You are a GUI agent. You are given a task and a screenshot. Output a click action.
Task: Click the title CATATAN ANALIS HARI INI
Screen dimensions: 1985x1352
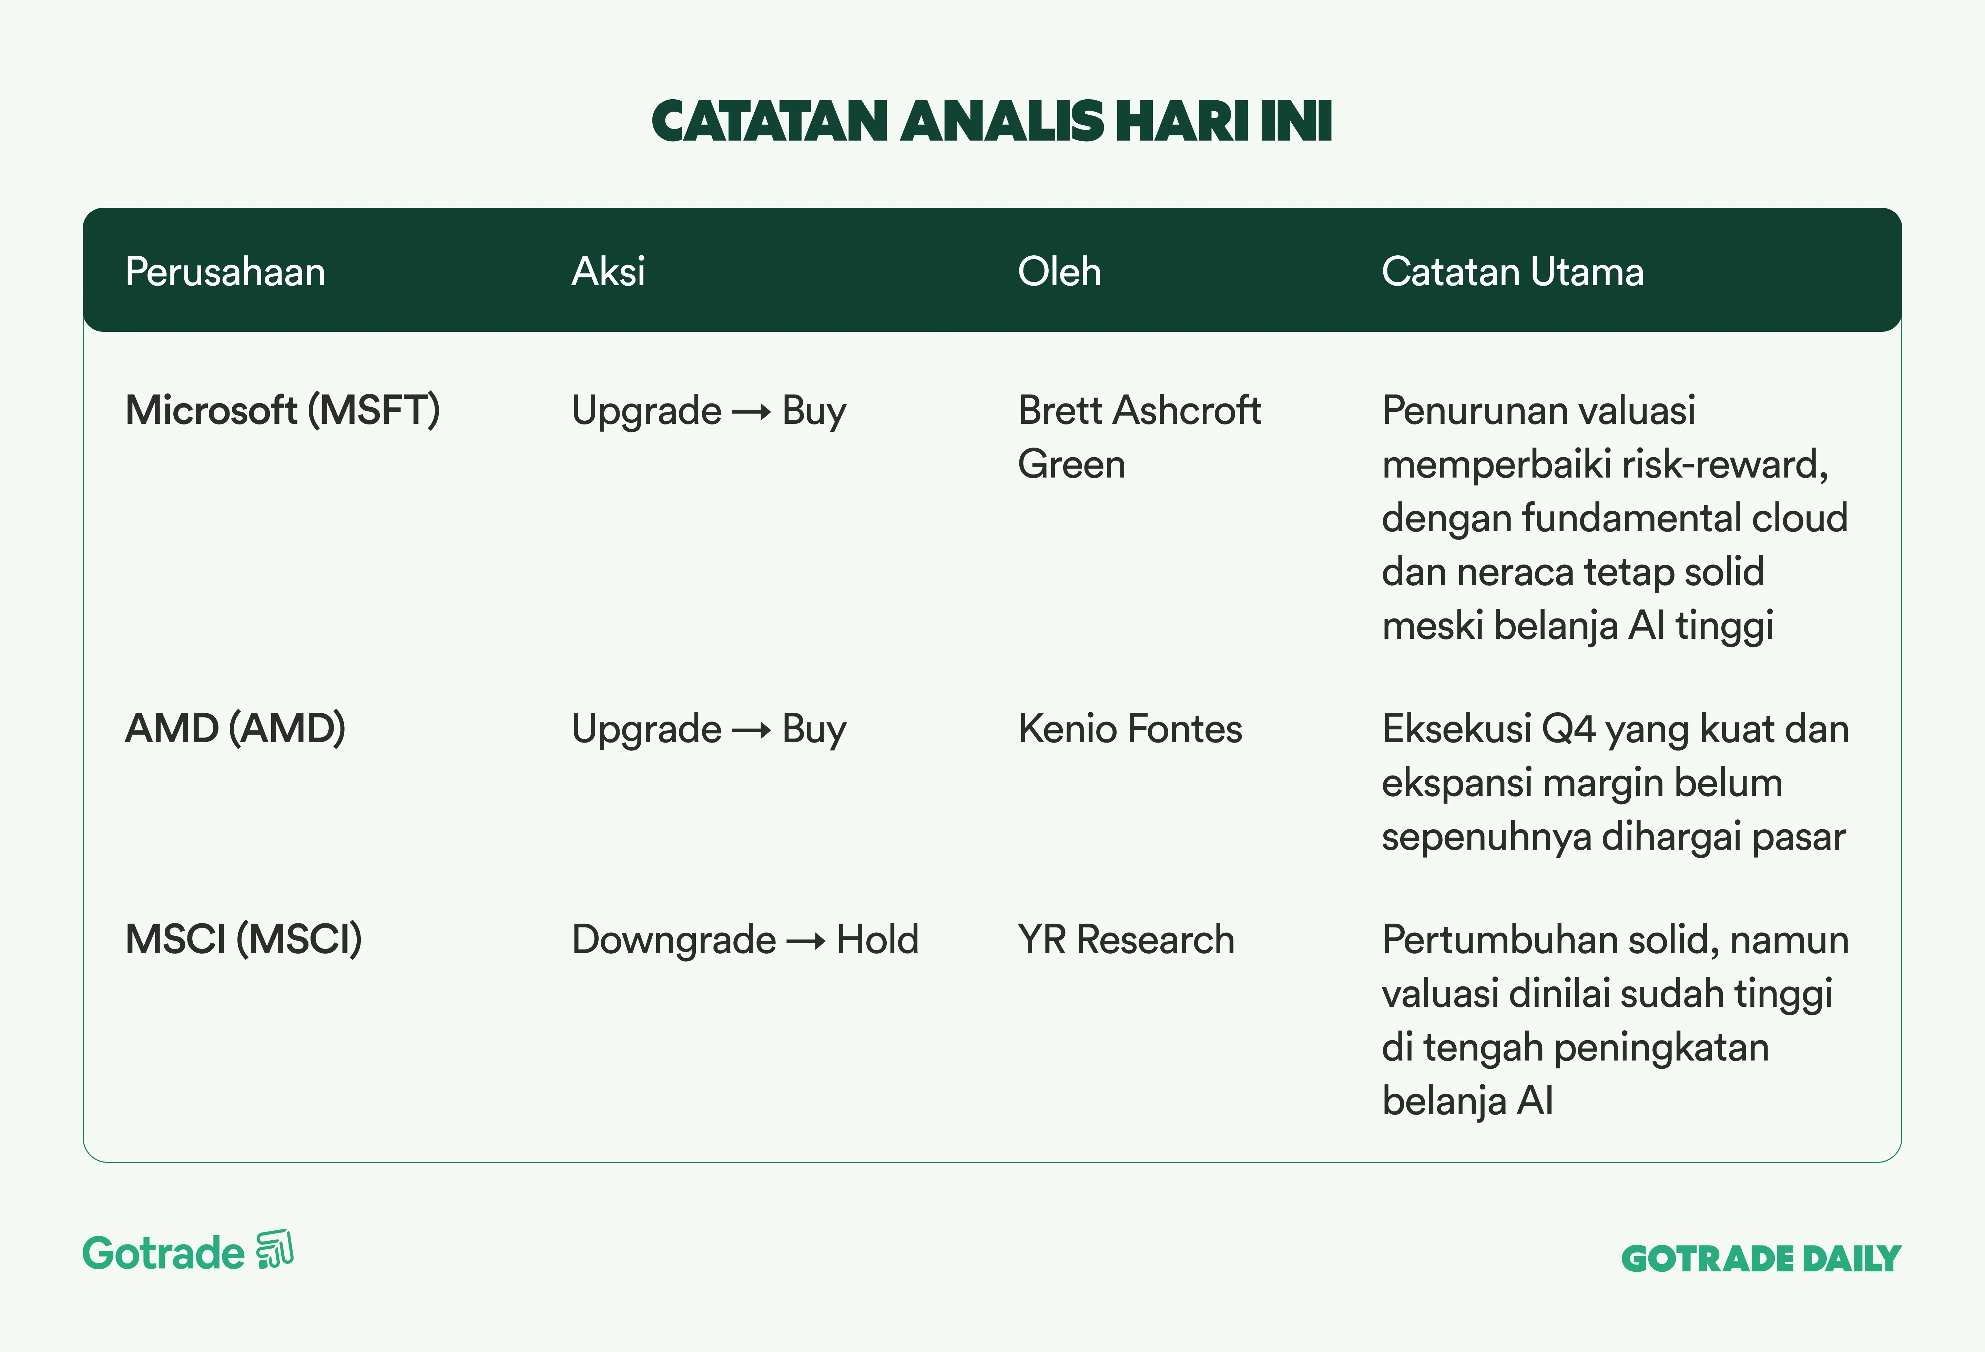pos(992,121)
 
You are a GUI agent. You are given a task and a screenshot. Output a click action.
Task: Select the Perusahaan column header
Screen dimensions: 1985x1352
pos(225,272)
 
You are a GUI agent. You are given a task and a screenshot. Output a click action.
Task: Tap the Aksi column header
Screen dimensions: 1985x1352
pos(608,272)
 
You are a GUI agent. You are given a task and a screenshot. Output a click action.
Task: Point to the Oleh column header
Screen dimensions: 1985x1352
pos(1059,272)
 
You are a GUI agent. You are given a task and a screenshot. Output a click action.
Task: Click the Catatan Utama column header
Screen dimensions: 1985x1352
pos(1513,272)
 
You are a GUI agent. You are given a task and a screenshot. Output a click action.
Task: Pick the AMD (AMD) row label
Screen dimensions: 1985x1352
pos(236,728)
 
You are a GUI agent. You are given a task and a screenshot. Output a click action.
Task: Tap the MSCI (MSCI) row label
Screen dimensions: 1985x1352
pos(243,940)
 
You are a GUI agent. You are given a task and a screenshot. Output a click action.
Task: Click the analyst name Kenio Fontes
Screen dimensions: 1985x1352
pos(1130,728)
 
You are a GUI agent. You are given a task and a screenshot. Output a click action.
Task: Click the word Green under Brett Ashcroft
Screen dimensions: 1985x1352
pos(1072,464)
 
